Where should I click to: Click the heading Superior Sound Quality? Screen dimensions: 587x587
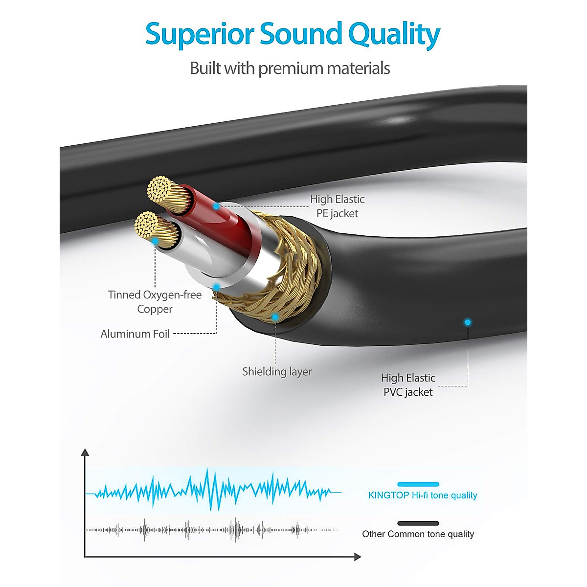tap(293, 34)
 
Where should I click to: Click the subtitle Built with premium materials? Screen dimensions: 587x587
tap(290, 68)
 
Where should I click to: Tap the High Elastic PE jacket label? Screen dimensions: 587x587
tap(337, 206)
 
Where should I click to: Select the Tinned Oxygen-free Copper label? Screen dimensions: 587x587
tap(155, 301)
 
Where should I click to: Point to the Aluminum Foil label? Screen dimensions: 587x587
tap(135, 334)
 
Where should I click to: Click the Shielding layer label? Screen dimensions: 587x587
tap(277, 371)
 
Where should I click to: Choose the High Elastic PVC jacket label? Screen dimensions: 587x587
tap(408, 384)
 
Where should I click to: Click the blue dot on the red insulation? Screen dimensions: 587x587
tap(216, 206)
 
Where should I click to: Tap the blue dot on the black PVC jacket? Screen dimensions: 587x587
tap(468, 322)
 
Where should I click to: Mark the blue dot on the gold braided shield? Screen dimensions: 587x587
tap(275, 317)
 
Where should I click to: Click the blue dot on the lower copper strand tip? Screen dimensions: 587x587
tap(155, 241)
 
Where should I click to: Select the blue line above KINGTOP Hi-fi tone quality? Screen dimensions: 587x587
tap(418, 484)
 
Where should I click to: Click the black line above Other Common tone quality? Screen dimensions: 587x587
tap(418, 523)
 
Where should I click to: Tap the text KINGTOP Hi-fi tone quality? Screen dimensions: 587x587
tap(422, 495)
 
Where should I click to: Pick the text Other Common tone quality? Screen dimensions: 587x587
tap(418, 534)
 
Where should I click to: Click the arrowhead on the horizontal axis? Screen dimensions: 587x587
tap(358, 557)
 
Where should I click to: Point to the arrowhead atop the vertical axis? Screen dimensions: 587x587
tap(85, 452)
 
